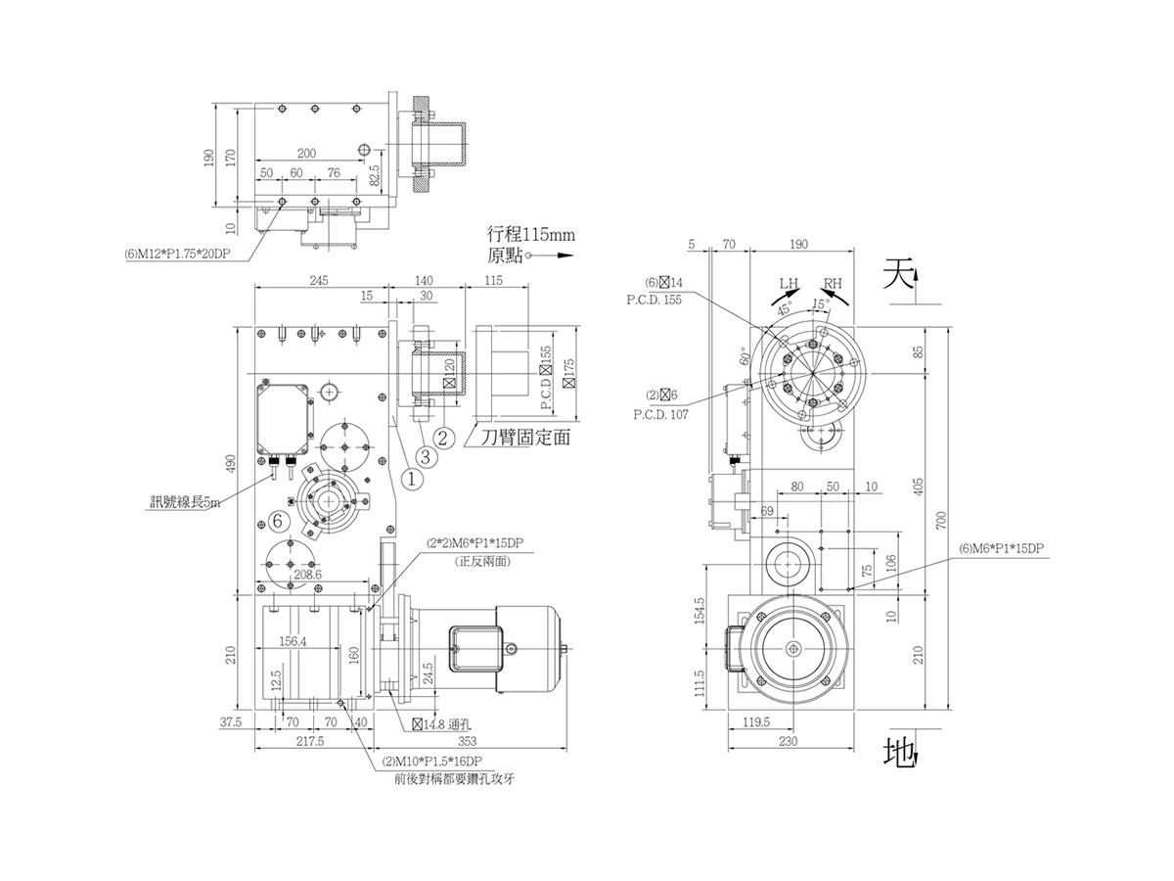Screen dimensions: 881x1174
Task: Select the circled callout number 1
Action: [412, 479]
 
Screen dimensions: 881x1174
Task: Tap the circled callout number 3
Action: [426, 455]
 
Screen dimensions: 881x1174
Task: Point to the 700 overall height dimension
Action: [940, 520]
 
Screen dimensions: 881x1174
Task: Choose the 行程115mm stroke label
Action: [528, 235]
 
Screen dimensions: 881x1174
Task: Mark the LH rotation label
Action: [789, 285]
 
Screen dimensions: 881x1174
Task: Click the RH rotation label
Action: [833, 285]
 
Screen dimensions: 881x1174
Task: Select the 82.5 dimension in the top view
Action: [377, 176]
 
